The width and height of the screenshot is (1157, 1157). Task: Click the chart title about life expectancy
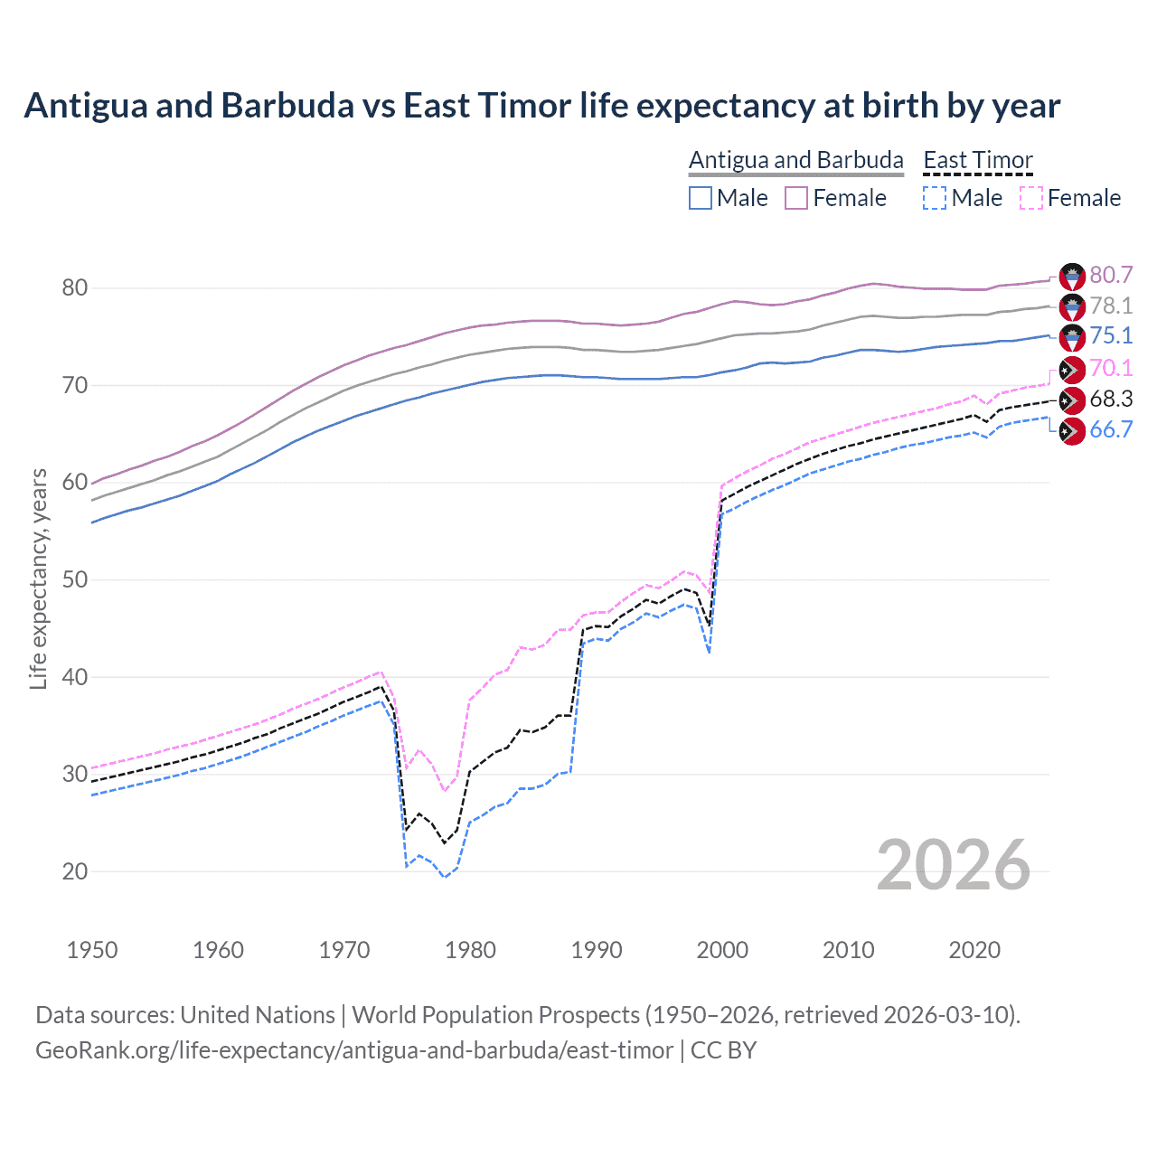click(x=541, y=106)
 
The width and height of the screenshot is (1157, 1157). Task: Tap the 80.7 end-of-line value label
click(x=1111, y=275)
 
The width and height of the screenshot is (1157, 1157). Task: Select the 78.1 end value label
click(x=1111, y=306)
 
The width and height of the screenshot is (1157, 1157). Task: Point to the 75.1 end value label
click(x=1111, y=335)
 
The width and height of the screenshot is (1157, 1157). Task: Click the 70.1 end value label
click(x=1111, y=368)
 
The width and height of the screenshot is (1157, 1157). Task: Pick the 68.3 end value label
click(x=1111, y=399)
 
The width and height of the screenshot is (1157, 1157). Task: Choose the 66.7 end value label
click(x=1111, y=429)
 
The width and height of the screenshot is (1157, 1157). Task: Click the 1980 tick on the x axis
click(x=470, y=950)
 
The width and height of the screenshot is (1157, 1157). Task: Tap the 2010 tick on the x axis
click(x=848, y=950)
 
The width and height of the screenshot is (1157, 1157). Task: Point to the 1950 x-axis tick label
click(x=92, y=950)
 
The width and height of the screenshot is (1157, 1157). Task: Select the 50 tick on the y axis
click(x=74, y=579)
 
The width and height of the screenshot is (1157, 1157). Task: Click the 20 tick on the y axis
click(x=74, y=871)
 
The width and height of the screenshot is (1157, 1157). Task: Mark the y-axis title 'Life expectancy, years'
click(x=38, y=578)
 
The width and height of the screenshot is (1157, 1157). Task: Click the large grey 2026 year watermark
click(x=953, y=865)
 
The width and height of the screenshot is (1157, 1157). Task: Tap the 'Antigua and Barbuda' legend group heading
click(x=795, y=160)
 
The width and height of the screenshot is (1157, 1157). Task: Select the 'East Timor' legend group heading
click(x=977, y=160)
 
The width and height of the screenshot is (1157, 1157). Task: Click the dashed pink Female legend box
click(x=1031, y=198)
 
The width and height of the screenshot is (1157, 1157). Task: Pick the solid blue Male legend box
click(x=701, y=198)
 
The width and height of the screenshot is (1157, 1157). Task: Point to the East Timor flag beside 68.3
click(x=1072, y=400)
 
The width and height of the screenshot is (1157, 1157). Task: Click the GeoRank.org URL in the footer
click(x=353, y=1050)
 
